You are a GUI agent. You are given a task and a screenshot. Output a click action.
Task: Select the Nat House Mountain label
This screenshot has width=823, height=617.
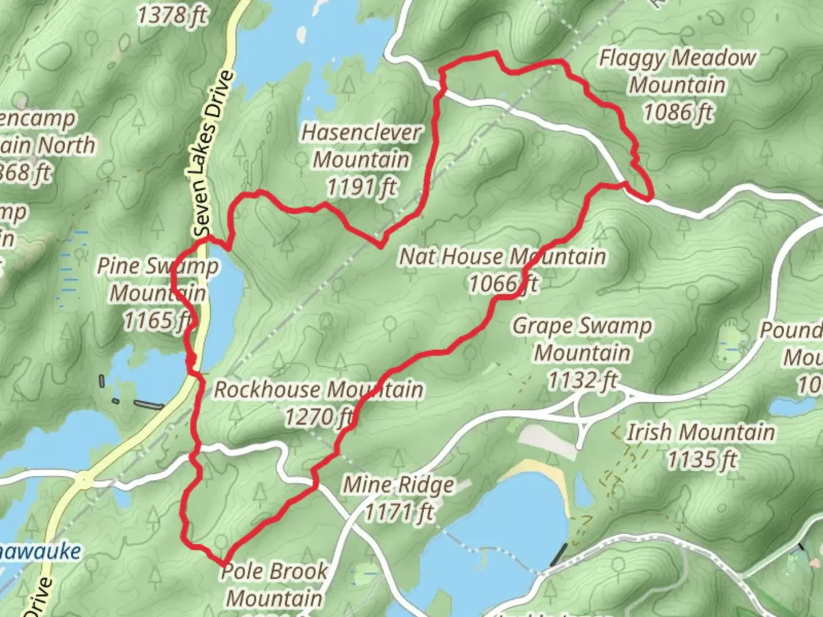click(x=502, y=257)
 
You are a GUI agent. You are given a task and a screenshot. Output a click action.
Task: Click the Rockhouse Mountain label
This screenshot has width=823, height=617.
click(x=318, y=390)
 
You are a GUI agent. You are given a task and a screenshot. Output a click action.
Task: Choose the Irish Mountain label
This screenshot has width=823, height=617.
click(x=701, y=432)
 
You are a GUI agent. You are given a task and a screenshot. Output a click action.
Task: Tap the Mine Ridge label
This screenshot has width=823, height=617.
click(x=398, y=485)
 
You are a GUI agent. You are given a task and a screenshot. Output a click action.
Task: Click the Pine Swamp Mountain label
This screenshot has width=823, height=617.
click(x=158, y=279)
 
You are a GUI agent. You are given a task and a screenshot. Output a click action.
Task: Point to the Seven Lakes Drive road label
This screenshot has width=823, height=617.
click(x=210, y=154)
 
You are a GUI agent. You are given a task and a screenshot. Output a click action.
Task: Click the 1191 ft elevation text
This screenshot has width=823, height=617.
click(x=362, y=187)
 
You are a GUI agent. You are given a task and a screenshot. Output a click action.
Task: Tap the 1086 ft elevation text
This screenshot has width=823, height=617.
click(x=678, y=111)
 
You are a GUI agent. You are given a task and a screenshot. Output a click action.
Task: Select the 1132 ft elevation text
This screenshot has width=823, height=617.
click(x=582, y=379)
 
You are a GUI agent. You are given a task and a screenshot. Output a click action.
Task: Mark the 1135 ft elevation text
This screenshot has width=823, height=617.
click(x=702, y=459)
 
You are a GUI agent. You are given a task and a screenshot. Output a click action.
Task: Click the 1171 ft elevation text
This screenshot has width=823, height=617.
click(x=399, y=512)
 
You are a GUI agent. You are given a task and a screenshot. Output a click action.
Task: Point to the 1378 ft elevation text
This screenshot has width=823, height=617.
click(x=172, y=14)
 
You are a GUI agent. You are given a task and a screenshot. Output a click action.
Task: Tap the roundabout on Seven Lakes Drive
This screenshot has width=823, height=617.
click(x=83, y=480)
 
